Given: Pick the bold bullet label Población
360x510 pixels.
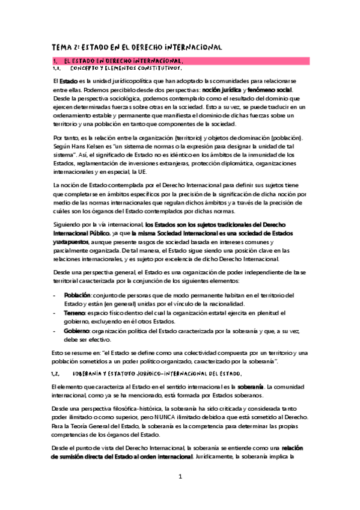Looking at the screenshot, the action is click(77, 295).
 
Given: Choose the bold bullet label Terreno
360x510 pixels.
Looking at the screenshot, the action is click(75, 313).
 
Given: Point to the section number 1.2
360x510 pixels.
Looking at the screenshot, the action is click(58, 374).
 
